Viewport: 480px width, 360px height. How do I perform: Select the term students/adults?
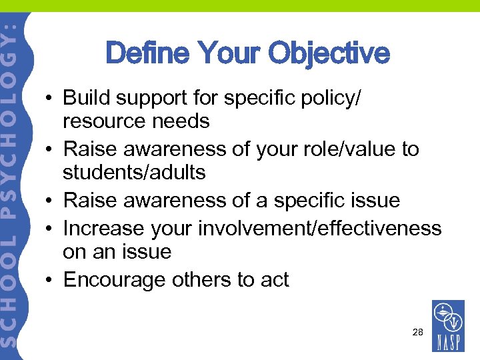tap(134, 173)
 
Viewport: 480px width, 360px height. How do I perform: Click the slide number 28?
tap(417, 331)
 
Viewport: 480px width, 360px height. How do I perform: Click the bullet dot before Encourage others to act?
tap(50, 280)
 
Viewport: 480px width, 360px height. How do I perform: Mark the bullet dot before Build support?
tap(50, 98)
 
